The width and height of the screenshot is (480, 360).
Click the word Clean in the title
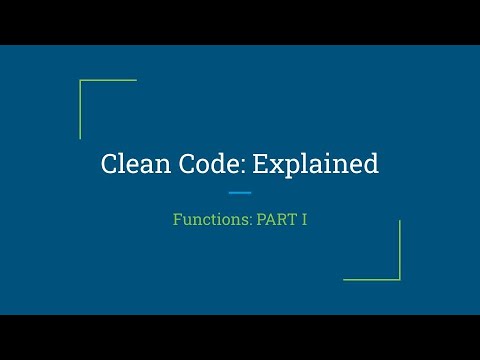(133, 164)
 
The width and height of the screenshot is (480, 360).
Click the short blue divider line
(240, 193)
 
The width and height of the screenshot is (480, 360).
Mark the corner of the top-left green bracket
(80, 81)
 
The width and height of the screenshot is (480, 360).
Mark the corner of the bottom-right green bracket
(399, 279)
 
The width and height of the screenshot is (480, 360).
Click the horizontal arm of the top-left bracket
(108, 81)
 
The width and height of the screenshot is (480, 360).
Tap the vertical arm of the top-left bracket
(80, 110)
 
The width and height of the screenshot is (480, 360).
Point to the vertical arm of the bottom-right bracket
(399, 250)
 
